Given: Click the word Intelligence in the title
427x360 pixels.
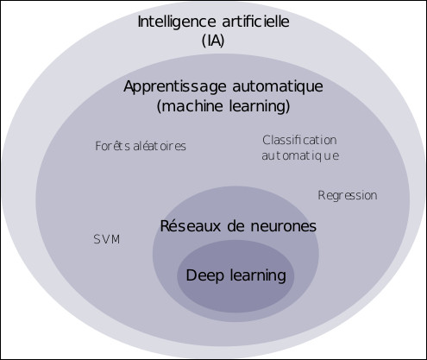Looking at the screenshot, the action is pos(177,22).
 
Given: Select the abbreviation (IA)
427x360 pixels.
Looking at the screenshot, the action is pos(213,41).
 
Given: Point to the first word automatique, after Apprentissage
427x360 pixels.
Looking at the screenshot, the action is pos(278,87).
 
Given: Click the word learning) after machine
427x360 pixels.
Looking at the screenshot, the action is pos(260,106).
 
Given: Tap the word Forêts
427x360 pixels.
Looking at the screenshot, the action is pos(112,146).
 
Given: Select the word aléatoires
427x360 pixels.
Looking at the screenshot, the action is pos(160,146).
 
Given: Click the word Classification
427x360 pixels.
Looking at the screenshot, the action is pos(299,140).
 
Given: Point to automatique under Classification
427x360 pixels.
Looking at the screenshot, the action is pos(300,156).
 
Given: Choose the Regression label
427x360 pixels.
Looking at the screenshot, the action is pos(348,196).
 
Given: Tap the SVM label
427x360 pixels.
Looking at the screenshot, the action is pos(107,239).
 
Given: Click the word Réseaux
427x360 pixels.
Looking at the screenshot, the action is pos(191,225).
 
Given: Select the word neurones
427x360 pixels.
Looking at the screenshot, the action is pos(283,226).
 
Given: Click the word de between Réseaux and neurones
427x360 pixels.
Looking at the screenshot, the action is pos(235,225).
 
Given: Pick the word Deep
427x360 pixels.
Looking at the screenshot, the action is pos(204,275).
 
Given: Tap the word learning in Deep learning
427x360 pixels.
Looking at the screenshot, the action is pos(258,275).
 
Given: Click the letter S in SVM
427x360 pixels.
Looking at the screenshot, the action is pos(97,239).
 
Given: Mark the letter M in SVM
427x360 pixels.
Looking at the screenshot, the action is pos(116,239).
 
